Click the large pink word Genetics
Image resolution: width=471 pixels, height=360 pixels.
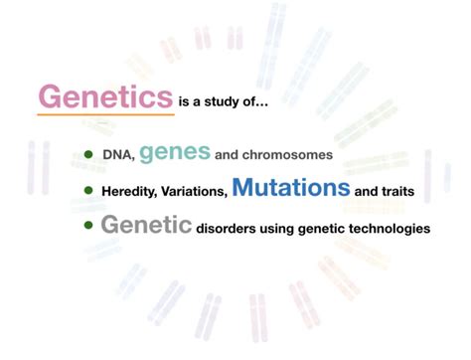(x=104, y=96)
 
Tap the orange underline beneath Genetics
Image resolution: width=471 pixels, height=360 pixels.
(x=104, y=115)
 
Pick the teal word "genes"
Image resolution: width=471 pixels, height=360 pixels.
(x=175, y=151)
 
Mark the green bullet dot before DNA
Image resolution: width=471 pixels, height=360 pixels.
(x=87, y=155)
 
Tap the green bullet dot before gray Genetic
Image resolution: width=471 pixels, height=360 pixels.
(x=87, y=226)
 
